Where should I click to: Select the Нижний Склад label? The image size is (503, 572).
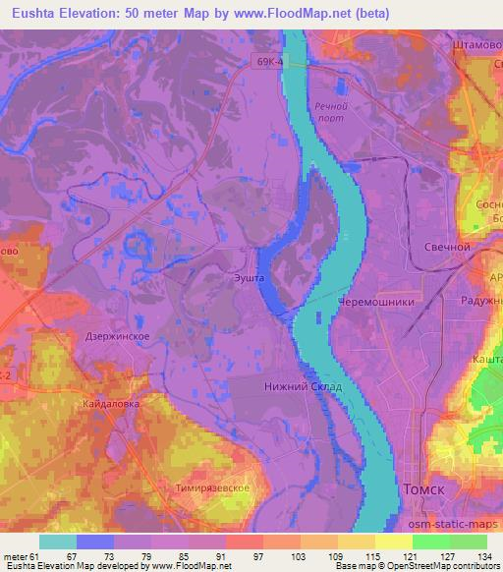tap(304, 386)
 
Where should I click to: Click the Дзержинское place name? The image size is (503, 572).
tap(117, 336)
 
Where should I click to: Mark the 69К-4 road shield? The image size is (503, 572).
tap(268, 61)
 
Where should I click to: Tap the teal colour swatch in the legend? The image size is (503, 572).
tap(58, 542)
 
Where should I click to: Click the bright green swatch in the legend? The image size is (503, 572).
tap(431, 542)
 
